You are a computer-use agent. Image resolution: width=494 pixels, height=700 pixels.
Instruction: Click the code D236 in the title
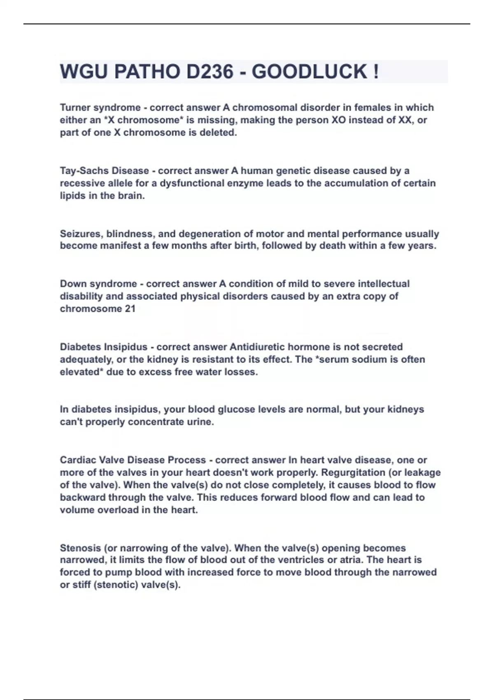210,72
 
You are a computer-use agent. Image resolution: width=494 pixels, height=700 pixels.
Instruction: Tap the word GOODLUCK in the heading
309,72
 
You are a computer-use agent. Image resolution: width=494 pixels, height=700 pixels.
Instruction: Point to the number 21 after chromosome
130,309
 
